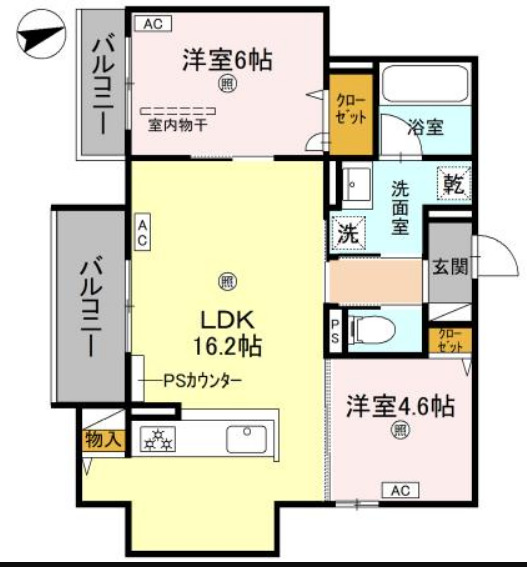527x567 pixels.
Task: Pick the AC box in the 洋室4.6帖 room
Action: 400,490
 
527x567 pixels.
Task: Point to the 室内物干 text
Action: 179,125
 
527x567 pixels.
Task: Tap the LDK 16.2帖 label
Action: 227,334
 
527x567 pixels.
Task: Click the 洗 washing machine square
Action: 347,234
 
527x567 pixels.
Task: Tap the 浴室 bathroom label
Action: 426,128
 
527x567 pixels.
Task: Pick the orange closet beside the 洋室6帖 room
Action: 351,116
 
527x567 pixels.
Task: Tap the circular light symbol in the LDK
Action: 227,280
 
